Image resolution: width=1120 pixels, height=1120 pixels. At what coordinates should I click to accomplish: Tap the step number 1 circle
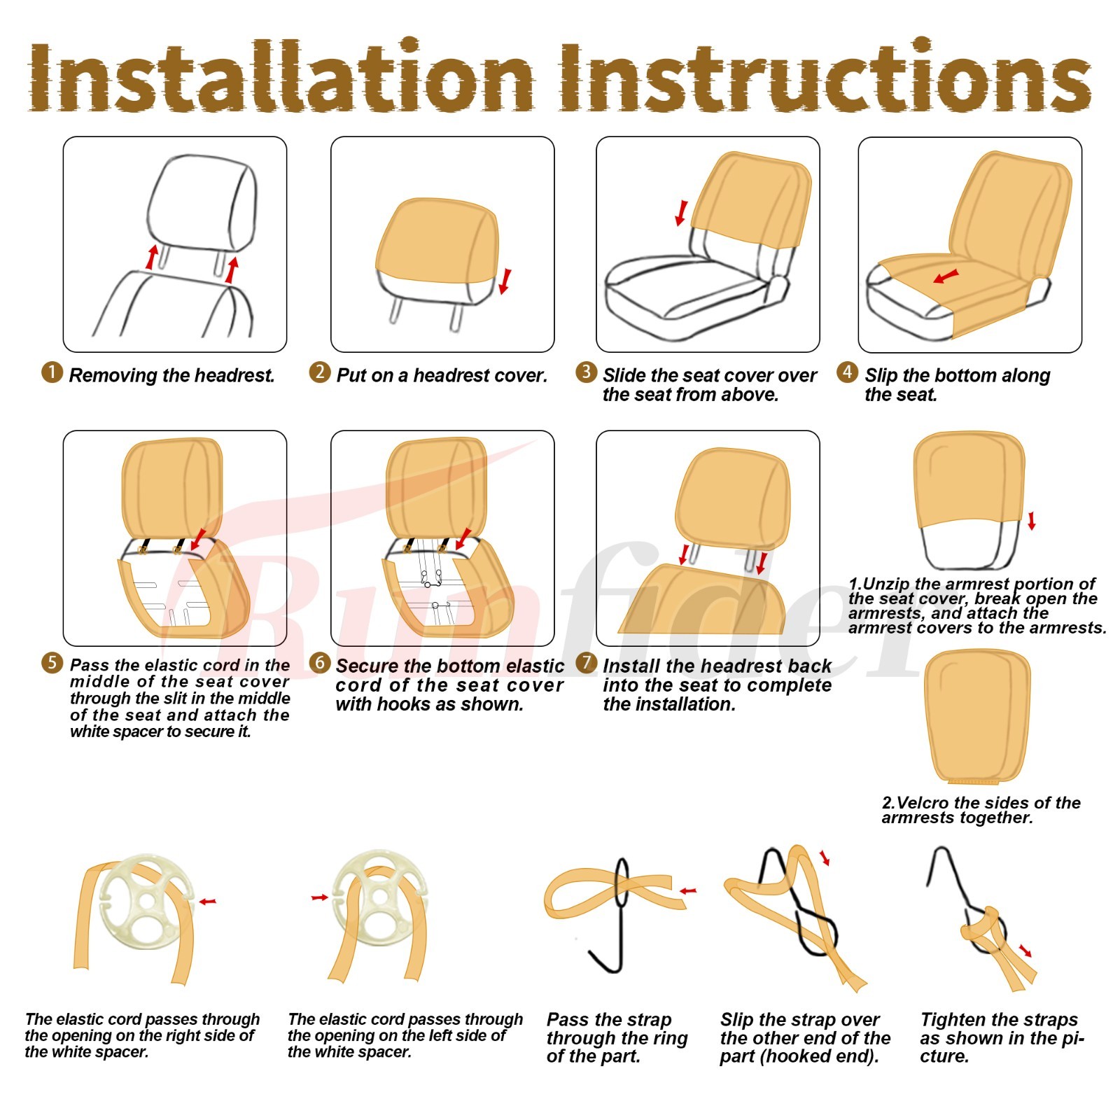pos(52,372)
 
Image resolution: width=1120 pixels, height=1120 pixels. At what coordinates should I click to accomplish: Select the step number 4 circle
pos(848,372)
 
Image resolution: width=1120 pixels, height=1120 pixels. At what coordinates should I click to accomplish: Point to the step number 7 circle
pos(587,662)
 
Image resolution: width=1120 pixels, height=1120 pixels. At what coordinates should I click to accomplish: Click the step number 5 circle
pos(52,662)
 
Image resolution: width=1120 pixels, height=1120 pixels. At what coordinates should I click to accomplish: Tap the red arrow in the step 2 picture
pos(505,281)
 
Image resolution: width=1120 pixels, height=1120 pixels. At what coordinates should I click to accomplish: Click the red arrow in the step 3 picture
pos(680,213)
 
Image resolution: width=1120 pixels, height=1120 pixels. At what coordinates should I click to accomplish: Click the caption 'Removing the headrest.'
pos(171,376)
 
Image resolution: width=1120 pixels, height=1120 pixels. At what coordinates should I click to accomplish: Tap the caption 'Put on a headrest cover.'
pos(442,376)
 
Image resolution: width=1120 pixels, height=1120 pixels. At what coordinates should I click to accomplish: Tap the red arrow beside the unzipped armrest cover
pos(1031,521)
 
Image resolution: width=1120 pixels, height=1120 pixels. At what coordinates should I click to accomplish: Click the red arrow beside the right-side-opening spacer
pos(208,902)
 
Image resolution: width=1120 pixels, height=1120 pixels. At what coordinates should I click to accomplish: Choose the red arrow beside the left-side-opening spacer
pos(320,897)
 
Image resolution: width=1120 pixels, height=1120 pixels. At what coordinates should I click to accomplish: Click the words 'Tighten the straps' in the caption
pos(999,1020)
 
